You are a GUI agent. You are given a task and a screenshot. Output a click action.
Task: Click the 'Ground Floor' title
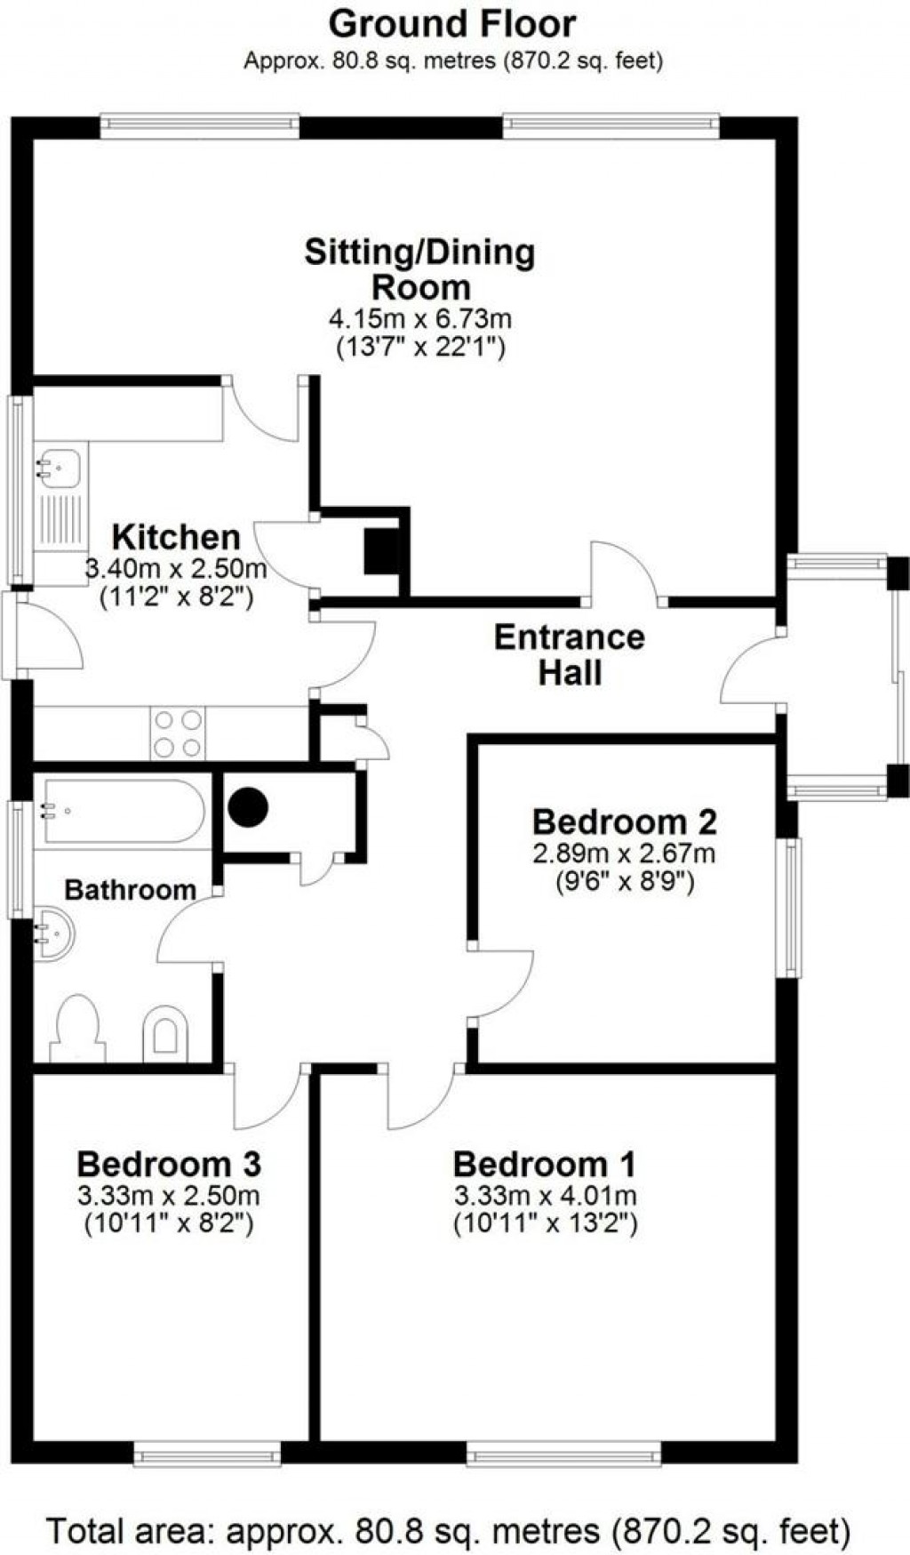pos(452,24)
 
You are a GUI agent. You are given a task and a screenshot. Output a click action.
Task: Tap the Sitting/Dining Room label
pos(420,269)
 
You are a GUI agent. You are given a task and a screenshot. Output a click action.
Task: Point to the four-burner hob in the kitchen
pos(178,733)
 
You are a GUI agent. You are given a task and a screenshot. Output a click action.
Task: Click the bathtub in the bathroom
pos(124,811)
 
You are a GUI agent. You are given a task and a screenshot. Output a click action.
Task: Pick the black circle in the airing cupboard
pos(248,806)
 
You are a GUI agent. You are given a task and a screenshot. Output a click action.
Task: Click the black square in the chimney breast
pos(383,550)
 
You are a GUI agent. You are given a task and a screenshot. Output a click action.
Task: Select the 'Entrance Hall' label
pos(570,654)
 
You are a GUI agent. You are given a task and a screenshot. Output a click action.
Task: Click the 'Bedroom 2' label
pos(624,822)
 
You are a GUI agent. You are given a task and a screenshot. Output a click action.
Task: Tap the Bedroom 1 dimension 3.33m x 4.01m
pos(545,1194)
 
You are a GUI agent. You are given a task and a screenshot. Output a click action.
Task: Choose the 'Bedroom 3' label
pos(169,1163)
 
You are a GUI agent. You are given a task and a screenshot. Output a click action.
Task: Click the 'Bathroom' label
pos(130,889)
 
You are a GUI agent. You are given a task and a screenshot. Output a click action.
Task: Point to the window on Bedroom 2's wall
pos(788,907)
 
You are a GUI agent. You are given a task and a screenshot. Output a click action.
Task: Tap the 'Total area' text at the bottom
pos(448,1530)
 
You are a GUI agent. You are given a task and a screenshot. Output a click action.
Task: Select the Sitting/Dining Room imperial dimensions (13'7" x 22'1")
pos(420,347)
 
